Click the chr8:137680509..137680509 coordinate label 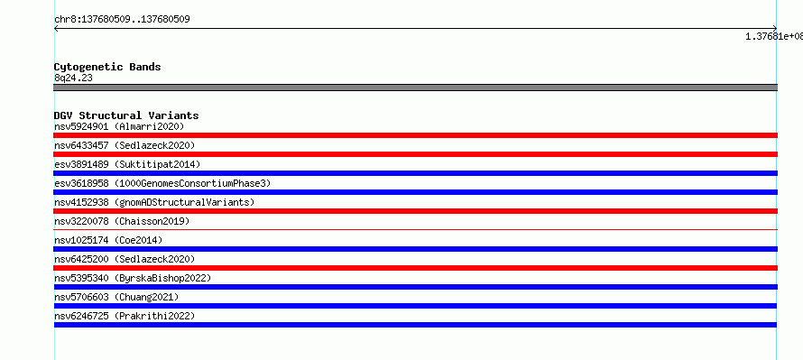(x=123, y=20)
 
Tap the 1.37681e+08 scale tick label (x=774, y=36)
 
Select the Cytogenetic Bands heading (x=107, y=67)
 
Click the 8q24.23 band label (x=73, y=78)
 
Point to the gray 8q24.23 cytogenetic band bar (x=415, y=88)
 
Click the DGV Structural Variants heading (x=126, y=115)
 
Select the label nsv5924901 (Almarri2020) (x=119, y=126)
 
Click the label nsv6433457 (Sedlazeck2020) (x=125, y=145)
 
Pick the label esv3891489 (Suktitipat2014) (x=127, y=164)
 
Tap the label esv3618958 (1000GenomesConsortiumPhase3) (x=162, y=183)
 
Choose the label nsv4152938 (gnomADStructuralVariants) (x=154, y=202)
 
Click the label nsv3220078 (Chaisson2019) (x=122, y=221)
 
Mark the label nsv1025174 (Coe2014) (x=108, y=240)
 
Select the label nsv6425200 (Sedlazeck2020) (x=125, y=259)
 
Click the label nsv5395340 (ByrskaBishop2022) (x=133, y=278)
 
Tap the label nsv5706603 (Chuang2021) (x=116, y=297)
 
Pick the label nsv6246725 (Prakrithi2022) (x=125, y=316)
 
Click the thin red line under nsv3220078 (x=415, y=229)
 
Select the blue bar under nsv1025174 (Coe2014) (x=415, y=249)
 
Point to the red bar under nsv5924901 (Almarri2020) (x=415, y=135)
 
